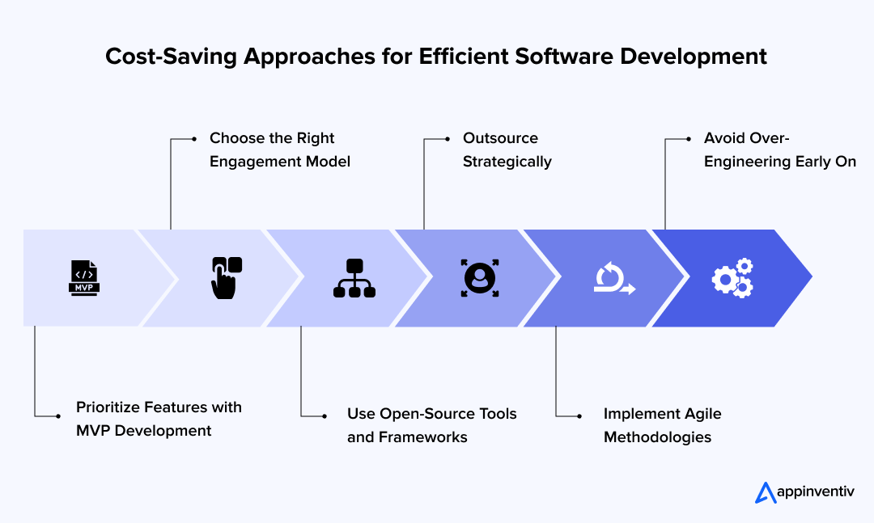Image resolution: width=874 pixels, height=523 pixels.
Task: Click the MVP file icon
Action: point(84,277)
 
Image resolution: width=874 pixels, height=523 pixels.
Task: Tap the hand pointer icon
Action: point(227,277)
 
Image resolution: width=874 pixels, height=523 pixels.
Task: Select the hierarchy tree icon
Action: point(354,277)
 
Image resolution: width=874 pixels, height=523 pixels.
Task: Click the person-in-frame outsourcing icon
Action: point(480,277)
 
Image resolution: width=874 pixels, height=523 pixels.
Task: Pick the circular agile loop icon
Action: point(613,278)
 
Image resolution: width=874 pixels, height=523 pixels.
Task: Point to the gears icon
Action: point(732,277)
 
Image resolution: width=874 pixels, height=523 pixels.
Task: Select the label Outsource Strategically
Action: point(507,150)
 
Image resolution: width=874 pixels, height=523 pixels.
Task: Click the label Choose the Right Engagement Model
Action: point(279,150)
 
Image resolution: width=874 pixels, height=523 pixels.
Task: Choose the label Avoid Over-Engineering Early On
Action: point(779,150)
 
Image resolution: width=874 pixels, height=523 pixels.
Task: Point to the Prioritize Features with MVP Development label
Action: point(159,419)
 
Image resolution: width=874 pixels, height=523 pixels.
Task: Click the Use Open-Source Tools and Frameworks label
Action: point(431,425)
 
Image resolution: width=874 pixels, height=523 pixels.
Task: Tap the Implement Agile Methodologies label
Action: point(662,425)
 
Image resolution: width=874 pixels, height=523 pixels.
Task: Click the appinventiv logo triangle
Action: point(765,492)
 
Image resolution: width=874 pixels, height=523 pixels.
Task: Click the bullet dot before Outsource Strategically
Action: point(448,139)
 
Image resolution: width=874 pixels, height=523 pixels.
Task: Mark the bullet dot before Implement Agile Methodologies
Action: point(579,415)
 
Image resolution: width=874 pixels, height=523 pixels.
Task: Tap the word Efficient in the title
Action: point(459,57)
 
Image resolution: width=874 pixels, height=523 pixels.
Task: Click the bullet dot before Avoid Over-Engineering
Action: point(689,139)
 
